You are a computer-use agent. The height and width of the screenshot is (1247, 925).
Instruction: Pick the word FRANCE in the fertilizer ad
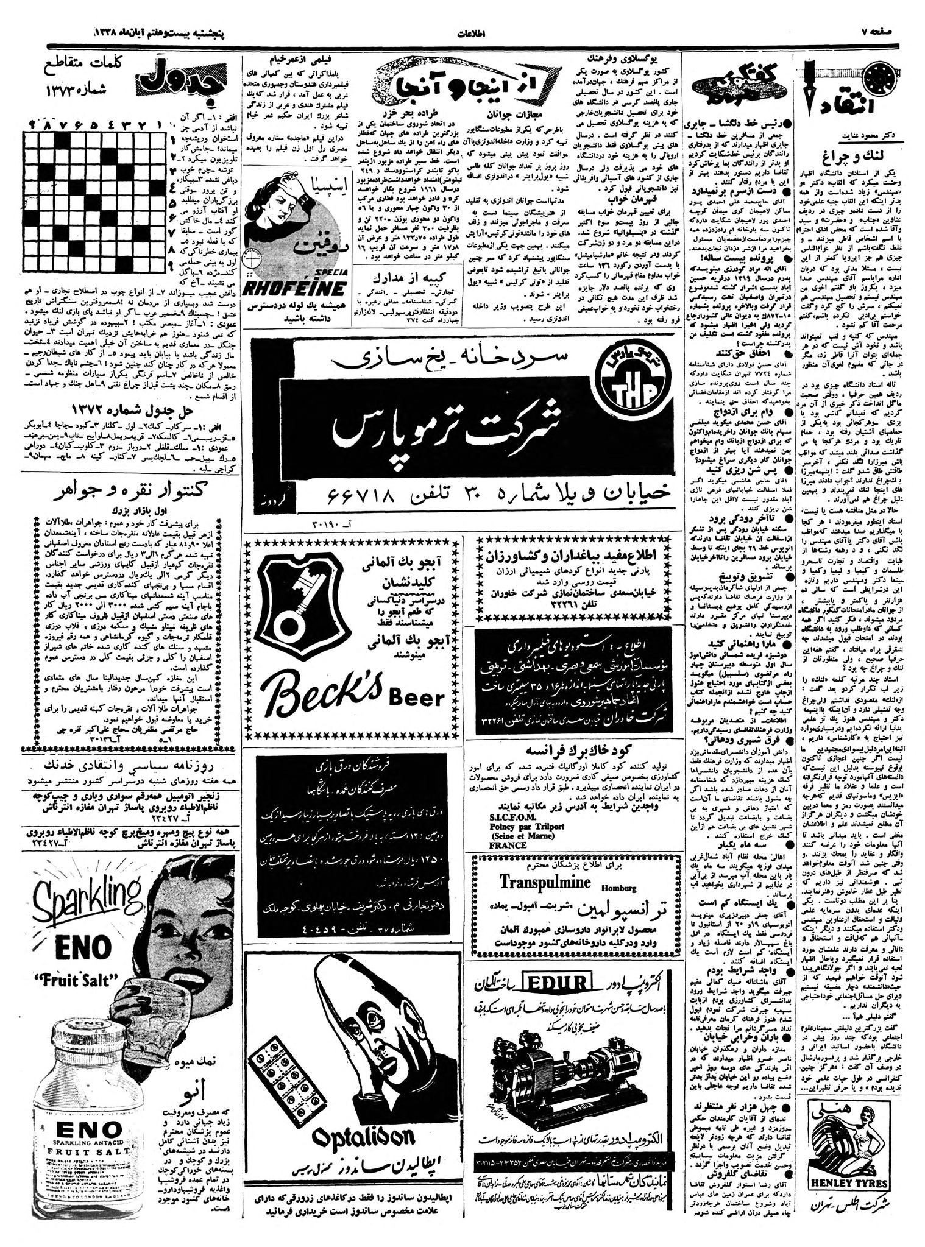click(x=506, y=846)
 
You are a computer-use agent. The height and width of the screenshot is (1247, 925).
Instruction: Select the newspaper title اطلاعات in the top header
click(x=469, y=34)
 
